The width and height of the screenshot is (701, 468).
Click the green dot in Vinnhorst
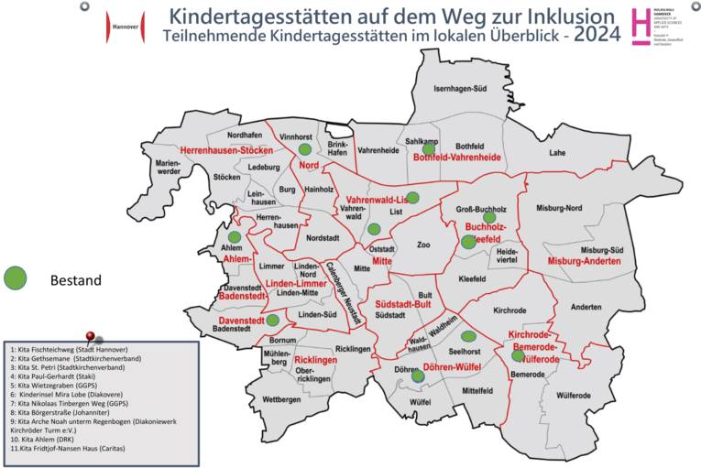(305, 149)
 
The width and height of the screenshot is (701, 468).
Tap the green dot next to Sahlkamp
(428, 148)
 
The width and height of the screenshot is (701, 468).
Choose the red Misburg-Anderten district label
(584, 262)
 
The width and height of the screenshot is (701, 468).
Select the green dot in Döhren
(418, 375)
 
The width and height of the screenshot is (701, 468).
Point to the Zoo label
(422, 245)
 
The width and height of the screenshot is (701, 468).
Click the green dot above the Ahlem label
(235, 236)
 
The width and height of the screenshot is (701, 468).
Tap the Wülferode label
(574, 395)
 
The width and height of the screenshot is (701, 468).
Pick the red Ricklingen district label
(316, 361)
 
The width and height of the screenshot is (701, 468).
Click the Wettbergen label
(256, 400)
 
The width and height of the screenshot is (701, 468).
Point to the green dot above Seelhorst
(468, 337)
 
